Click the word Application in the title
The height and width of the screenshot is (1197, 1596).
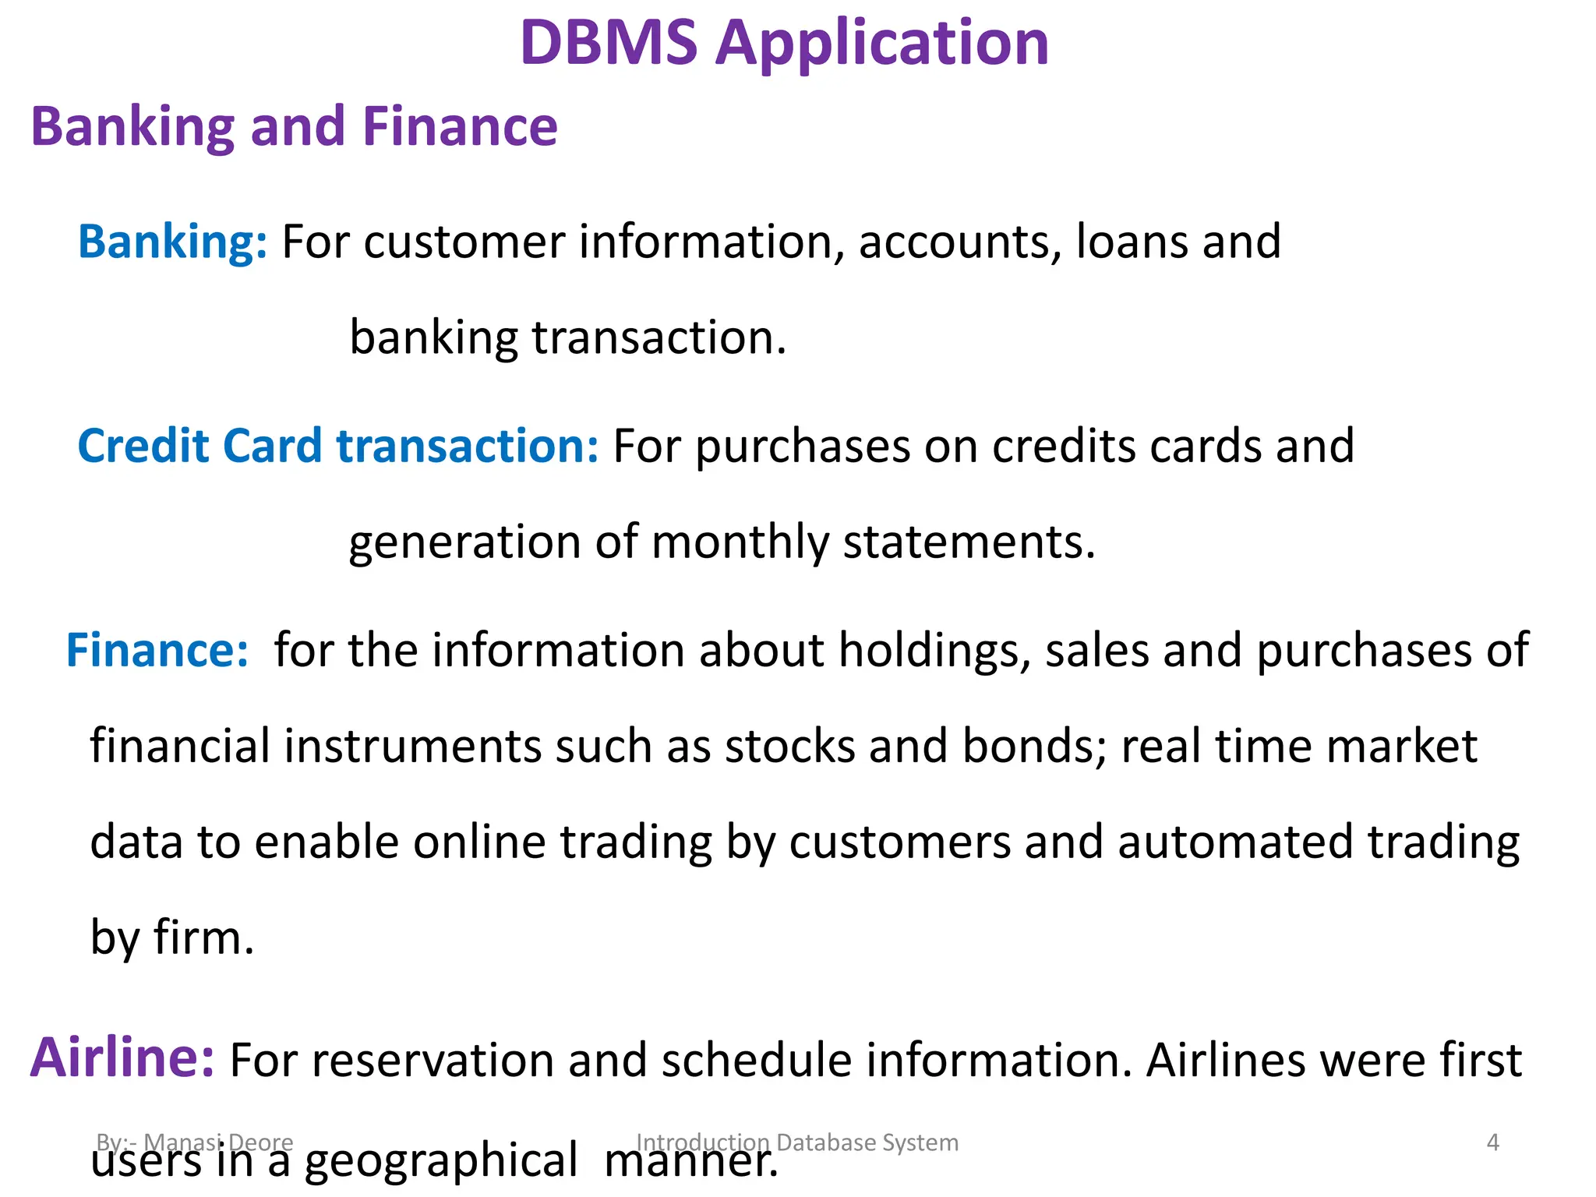(882, 44)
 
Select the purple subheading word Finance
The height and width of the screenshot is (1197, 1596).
(460, 126)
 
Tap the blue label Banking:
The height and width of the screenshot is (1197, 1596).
(172, 242)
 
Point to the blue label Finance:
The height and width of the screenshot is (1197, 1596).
(157, 650)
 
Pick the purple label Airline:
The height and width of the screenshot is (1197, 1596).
(122, 1058)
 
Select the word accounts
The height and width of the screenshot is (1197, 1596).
(960, 243)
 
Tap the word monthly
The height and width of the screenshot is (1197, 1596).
(740, 542)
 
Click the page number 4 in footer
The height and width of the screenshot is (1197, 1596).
(1492, 1142)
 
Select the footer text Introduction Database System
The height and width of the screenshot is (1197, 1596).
(797, 1142)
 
